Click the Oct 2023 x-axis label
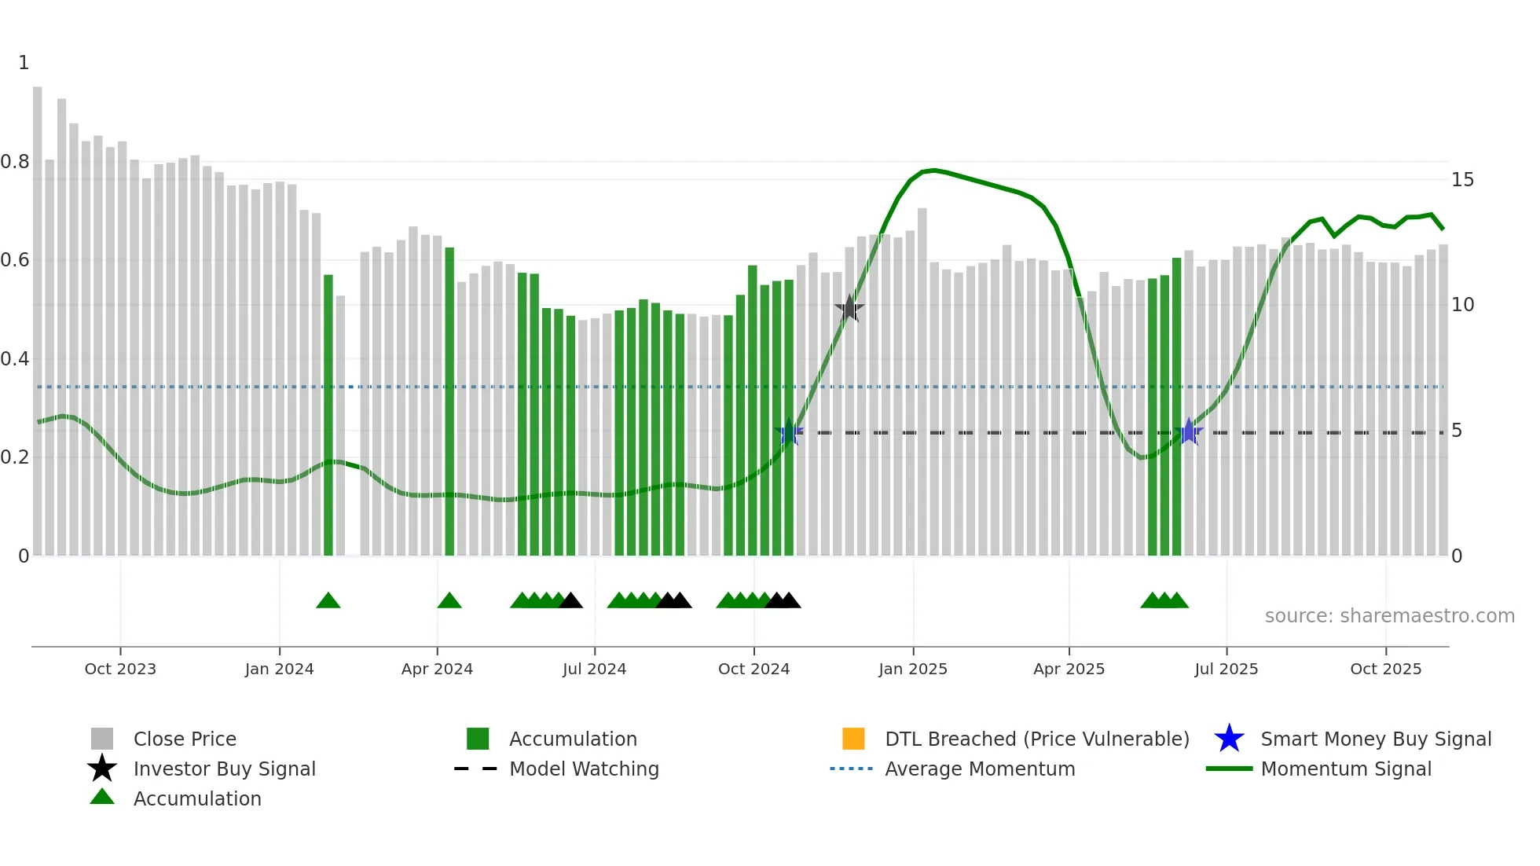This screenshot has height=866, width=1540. coord(120,669)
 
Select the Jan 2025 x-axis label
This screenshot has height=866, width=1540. coord(912,669)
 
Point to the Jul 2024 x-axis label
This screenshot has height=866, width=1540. coord(594,669)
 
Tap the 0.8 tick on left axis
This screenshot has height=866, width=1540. coord(15,162)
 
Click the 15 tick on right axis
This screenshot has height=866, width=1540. coord(1462,180)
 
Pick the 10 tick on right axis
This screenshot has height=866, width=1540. coord(1462,305)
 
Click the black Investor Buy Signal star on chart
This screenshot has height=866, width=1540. coord(849,309)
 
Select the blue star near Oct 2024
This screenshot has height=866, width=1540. coord(789,432)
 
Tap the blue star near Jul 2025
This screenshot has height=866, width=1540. coord(1189,431)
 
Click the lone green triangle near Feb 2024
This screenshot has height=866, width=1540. coord(328,601)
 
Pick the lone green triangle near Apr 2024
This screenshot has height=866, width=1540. coord(449,601)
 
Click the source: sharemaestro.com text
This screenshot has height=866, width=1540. coord(1389,616)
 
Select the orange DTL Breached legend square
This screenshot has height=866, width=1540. coord(853,739)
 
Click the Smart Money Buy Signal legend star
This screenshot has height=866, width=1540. coord(1229,739)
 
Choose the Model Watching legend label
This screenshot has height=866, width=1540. coord(584,769)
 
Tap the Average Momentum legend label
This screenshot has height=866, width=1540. coord(980,769)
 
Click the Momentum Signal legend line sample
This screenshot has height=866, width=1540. coord(1229,769)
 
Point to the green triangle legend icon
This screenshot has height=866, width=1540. coord(102,798)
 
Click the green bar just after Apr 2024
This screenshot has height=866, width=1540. coord(449,401)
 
